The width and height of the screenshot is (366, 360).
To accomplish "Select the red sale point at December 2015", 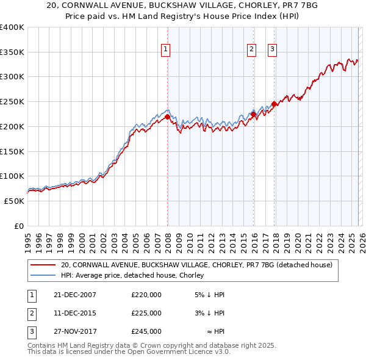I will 253,114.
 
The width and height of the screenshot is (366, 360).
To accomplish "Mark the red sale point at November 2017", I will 274,104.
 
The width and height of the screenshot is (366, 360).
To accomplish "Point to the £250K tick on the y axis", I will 12,102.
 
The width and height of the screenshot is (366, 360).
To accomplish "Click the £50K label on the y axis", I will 14,201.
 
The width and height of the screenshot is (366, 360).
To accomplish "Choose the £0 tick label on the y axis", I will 19,226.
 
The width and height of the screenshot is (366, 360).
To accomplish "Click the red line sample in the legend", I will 43,265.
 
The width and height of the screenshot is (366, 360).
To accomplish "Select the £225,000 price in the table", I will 146,313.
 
